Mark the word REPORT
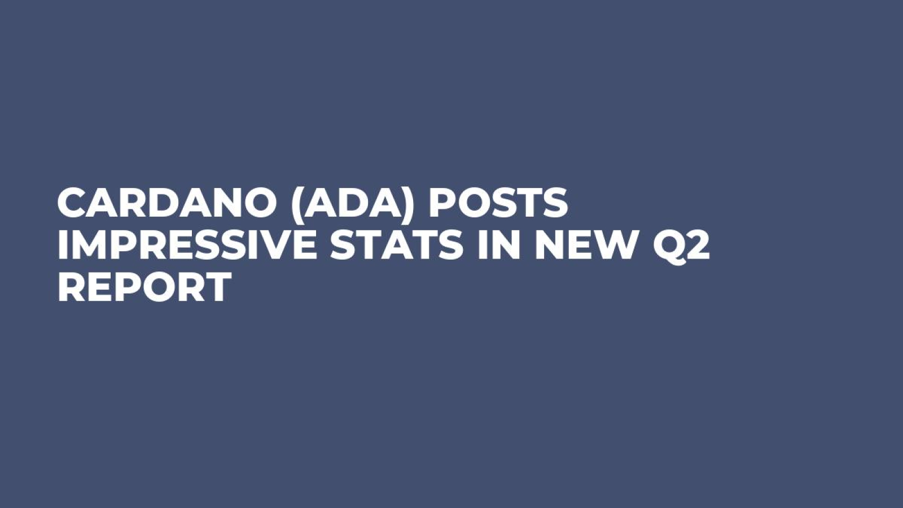(144, 287)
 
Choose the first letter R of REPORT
(71, 287)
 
